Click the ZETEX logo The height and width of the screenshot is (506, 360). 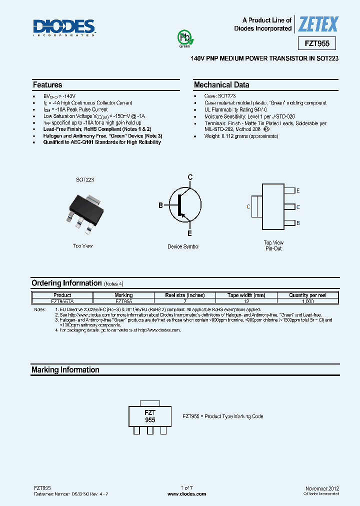coord(318,24)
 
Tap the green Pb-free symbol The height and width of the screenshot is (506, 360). coord(184,38)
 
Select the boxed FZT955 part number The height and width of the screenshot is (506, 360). coord(317,43)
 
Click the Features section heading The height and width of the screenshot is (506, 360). coord(47,85)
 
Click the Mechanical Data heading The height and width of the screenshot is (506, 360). coord(221,85)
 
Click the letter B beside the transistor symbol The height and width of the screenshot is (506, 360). coord(161,205)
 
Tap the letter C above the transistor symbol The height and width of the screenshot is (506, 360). coord(190,177)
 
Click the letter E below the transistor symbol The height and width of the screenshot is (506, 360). coord(189,233)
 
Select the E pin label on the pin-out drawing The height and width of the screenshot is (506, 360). coord(298,191)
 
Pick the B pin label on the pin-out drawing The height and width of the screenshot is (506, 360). coord(298,223)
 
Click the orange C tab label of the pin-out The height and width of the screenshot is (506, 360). coord(248,206)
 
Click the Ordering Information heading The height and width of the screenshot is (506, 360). coord(66,283)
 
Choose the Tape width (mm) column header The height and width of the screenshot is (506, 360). coord(246,295)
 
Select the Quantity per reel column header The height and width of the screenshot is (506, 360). coord(307,295)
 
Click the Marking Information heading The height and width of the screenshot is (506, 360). coord(65,370)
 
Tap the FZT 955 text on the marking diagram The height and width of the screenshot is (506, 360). coord(150,416)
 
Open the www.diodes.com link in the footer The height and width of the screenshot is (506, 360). coord(186,493)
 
